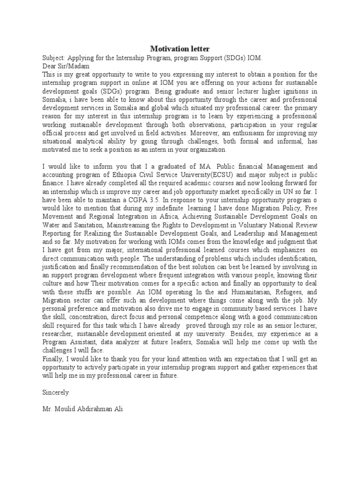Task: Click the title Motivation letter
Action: pos(180,49)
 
